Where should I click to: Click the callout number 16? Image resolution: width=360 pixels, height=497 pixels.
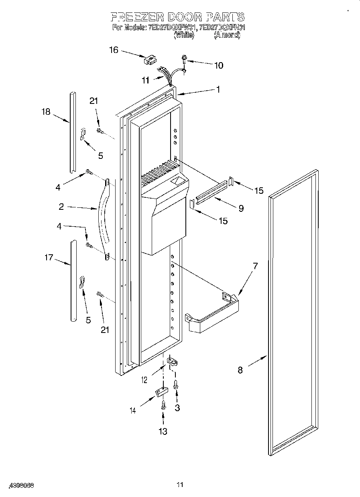click(x=114, y=50)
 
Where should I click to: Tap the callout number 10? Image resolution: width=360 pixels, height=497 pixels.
click(x=218, y=65)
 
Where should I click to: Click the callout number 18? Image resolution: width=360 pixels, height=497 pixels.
click(x=46, y=112)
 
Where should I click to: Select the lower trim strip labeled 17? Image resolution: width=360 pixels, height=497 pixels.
click(x=73, y=281)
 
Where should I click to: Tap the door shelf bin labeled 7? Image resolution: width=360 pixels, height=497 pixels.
click(x=213, y=314)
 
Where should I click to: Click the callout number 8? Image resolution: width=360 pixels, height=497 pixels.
click(x=240, y=369)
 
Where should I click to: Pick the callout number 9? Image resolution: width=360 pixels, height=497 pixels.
click(x=241, y=208)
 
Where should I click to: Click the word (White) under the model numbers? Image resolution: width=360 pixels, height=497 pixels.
click(x=183, y=35)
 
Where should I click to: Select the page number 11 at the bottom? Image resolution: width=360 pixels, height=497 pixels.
click(x=180, y=485)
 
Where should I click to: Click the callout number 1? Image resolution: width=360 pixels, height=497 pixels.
click(x=218, y=90)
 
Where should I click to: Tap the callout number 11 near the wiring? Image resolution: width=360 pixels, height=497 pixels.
click(x=145, y=81)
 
